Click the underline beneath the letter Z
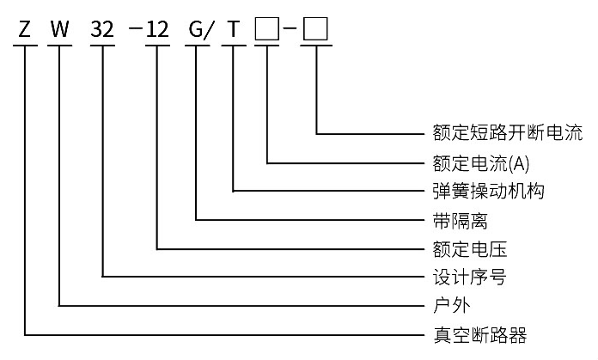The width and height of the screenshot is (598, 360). [25, 46]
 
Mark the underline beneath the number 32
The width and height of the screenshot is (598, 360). [102, 46]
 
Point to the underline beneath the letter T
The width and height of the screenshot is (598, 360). [234, 46]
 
